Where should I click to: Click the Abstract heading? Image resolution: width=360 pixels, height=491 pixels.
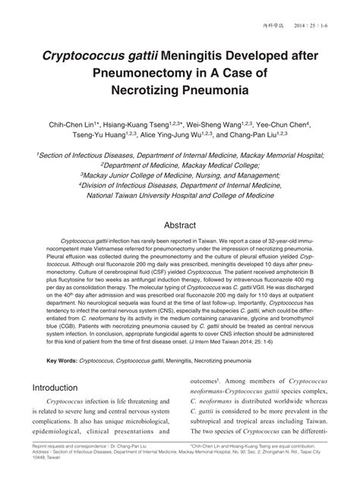coord(180,225)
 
